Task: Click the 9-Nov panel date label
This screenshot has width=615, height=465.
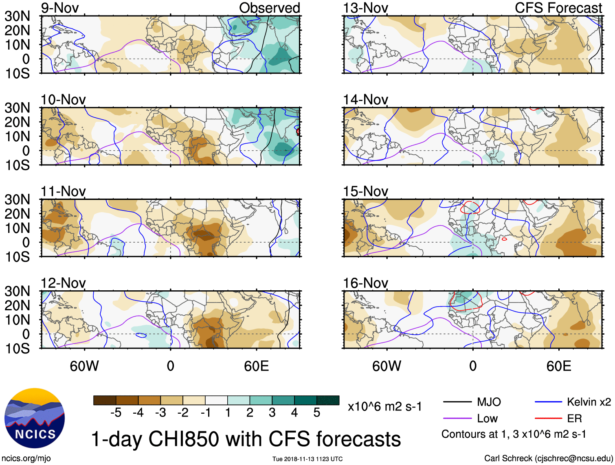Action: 59,8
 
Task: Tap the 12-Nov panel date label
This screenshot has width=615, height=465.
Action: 63,283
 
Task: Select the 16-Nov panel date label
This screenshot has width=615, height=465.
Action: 365,283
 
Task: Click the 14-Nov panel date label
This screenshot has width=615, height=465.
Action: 365,100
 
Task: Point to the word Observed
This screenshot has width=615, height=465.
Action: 269,8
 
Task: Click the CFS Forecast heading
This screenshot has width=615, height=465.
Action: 558,8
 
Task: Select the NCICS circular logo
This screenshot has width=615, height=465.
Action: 35,418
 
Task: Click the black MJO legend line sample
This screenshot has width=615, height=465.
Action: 457,402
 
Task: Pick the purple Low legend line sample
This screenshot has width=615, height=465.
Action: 457,419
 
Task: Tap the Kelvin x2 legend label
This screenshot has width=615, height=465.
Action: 589,402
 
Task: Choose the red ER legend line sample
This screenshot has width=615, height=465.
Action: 548,419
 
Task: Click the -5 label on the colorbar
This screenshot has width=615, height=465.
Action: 116,413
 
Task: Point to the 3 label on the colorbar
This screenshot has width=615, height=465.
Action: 272,413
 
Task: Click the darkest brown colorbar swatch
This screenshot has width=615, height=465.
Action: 105,400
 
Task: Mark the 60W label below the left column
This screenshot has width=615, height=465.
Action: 84,366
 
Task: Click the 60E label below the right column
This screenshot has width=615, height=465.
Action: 558,366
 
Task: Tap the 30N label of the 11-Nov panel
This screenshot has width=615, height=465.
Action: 17,200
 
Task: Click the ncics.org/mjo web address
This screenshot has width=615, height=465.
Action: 26,458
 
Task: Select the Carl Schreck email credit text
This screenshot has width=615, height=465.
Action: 548,458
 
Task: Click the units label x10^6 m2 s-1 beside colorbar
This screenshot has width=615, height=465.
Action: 384,406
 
